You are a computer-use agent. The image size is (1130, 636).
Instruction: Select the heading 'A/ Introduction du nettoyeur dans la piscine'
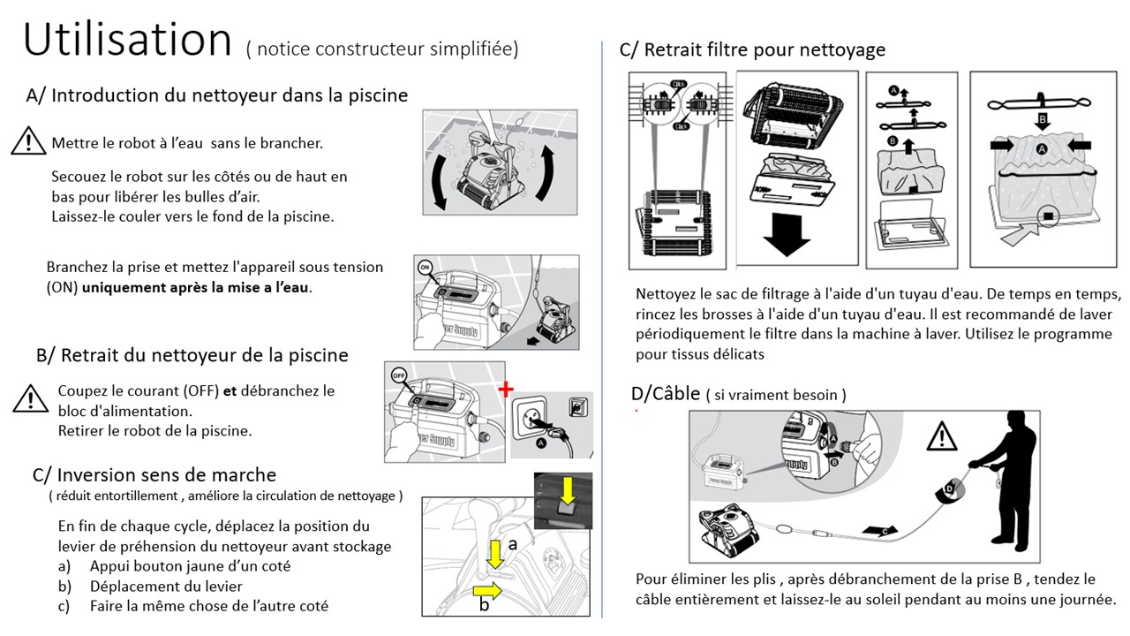pyautogui.click(x=217, y=95)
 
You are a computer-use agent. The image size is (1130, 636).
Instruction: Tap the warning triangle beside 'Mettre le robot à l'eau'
pyautogui.click(x=28, y=141)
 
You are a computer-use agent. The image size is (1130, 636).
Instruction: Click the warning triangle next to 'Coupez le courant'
pyautogui.click(x=30, y=398)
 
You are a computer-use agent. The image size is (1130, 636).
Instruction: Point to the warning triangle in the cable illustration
pyautogui.click(x=942, y=435)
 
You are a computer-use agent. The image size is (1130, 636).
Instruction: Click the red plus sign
pyautogui.click(x=505, y=390)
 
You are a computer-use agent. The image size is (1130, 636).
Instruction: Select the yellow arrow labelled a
pyautogui.click(x=496, y=554)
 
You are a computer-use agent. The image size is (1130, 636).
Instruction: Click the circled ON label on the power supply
pyautogui.click(x=424, y=266)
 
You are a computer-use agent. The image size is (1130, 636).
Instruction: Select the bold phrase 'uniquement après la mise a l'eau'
pyautogui.click(x=197, y=287)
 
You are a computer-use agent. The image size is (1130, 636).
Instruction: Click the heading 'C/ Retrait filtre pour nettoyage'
pyautogui.click(x=752, y=49)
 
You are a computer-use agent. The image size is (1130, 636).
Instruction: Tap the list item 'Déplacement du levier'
pyautogui.click(x=166, y=586)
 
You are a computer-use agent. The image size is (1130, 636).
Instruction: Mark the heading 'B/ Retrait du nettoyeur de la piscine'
pyautogui.click(x=192, y=355)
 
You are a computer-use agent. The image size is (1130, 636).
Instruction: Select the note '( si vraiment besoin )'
pyautogui.click(x=776, y=396)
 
